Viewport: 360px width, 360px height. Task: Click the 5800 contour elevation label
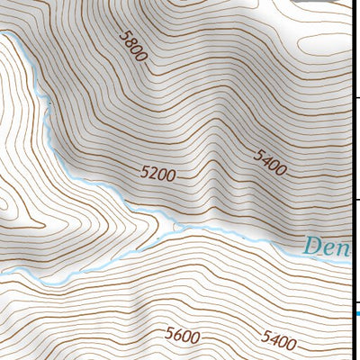click(x=132, y=44)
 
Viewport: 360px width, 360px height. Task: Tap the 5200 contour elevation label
click(x=158, y=174)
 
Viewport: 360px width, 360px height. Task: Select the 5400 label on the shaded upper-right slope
click(x=270, y=163)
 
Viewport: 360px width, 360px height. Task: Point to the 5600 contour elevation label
click(x=183, y=336)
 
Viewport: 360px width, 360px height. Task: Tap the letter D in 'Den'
click(x=313, y=246)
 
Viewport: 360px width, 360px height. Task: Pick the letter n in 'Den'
click(x=345, y=247)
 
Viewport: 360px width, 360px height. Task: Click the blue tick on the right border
click(x=356, y=313)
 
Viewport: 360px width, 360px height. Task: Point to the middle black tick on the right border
click(x=356, y=200)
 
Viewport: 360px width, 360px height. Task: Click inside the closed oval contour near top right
click(x=324, y=40)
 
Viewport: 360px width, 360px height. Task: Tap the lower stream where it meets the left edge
click(x=3, y=273)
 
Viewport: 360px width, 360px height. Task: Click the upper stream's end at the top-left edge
click(x=13, y=36)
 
